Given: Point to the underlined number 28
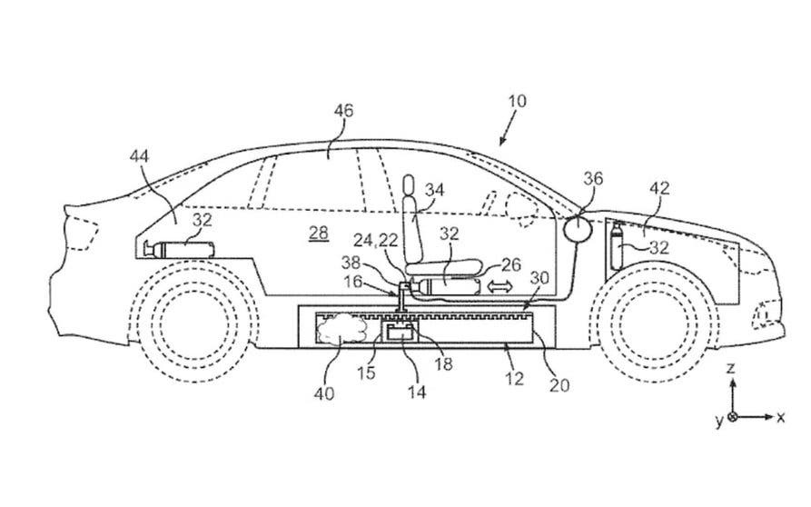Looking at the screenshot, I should [318, 234].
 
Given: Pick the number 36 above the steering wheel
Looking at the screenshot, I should [592, 180].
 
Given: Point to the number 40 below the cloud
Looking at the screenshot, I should [323, 393].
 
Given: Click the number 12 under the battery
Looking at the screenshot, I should [514, 379].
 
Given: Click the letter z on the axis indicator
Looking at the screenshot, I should [732, 369].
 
